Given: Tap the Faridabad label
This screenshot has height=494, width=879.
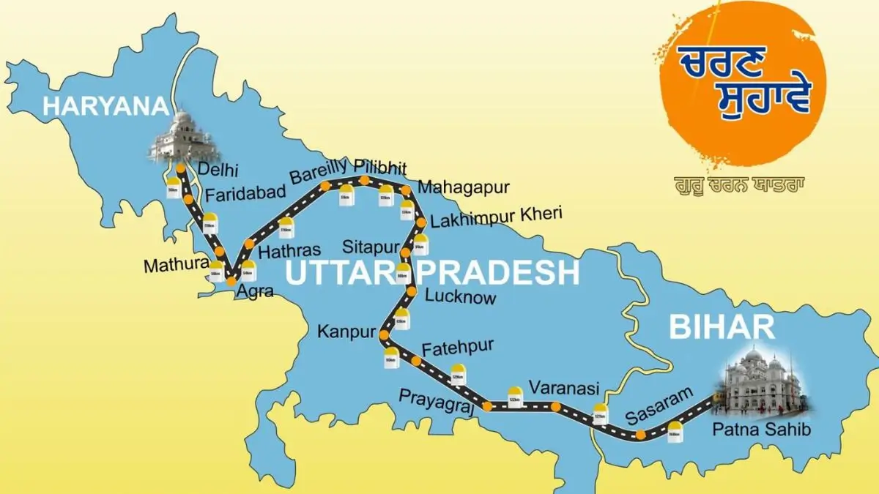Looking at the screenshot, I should [x=240, y=195].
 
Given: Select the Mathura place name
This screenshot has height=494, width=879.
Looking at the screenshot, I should [x=176, y=265].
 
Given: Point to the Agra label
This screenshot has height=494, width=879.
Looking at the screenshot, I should [x=254, y=292].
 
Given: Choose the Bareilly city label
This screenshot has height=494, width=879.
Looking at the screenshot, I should [x=319, y=173].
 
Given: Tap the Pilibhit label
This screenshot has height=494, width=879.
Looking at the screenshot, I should [x=380, y=165].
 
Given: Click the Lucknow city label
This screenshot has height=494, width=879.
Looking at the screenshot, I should [x=460, y=297].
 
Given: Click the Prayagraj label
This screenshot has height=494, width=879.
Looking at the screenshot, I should [x=437, y=400].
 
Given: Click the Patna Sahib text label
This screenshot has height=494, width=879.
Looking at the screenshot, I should [x=762, y=430].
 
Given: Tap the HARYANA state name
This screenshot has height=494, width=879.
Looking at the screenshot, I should [x=106, y=106].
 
